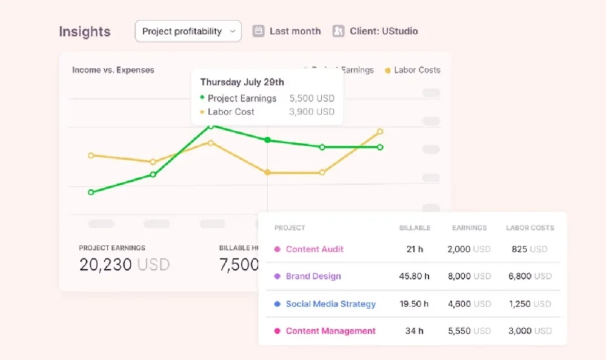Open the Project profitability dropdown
pyautogui.click(x=188, y=32)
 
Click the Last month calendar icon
pyautogui.click(x=259, y=31)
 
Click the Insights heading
pyautogui.click(x=85, y=32)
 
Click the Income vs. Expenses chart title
pyautogui.click(x=113, y=70)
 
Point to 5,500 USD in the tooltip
pyautogui.click(x=311, y=98)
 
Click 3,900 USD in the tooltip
pyautogui.click(x=311, y=112)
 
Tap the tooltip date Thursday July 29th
pyautogui.click(x=242, y=82)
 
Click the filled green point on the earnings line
pyautogui.click(x=267, y=140)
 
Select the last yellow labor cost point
pyautogui.click(x=380, y=132)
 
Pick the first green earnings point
pyautogui.click(x=91, y=192)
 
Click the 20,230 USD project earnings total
pyautogui.click(x=124, y=265)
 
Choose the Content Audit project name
pyautogui.click(x=315, y=249)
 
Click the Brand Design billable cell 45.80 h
pyautogui.click(x=415, y=276)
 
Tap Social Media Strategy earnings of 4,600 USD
pyautogui.click(x=469, y=304)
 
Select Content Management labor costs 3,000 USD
pyautogui.click(x=529, y=331)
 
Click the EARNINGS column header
pyautogui.click(x=469, y=228)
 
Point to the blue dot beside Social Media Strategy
pyautogui.click(x=278, y=304)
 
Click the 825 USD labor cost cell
pyautogui.click(x=529, y=249)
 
